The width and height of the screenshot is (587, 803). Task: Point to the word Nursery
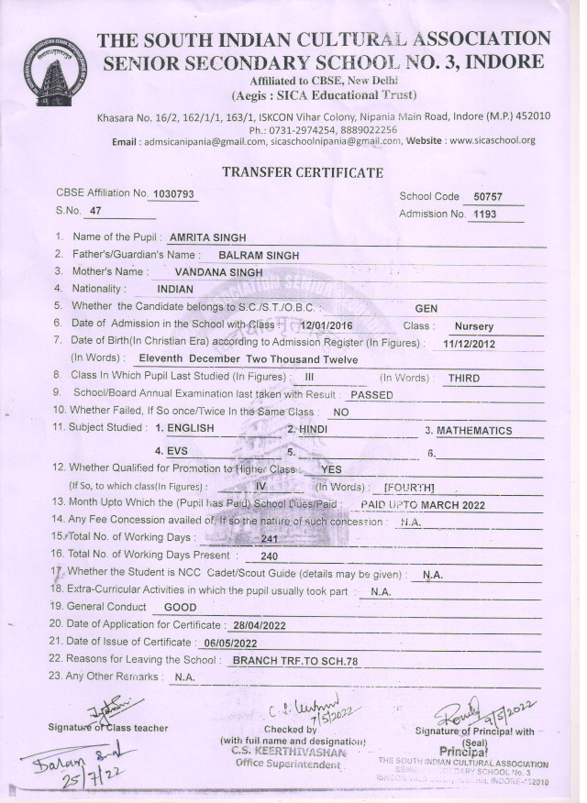[x=473, y=325]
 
